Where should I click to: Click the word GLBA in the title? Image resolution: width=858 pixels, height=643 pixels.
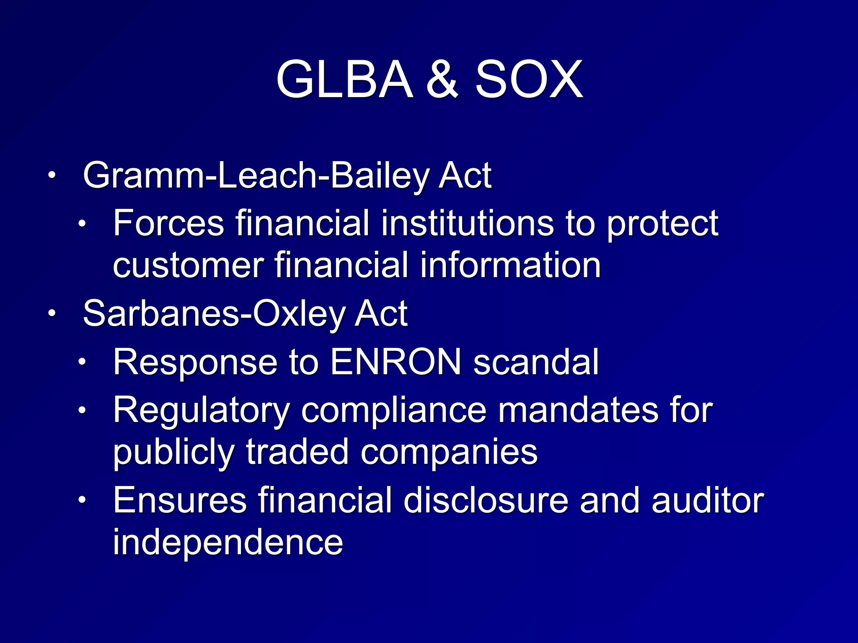click(x=344, y=80)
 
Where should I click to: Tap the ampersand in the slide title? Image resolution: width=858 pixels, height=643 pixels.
click(x=443, y=80)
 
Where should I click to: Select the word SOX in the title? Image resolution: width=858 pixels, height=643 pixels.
click(x=529, y=80)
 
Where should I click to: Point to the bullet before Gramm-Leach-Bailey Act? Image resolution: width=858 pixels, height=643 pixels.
click(x=51, y=175)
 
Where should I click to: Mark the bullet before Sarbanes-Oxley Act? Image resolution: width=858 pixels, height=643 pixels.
click(x=51, y=314)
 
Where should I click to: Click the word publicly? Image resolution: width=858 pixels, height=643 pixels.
click(x=173, y=453)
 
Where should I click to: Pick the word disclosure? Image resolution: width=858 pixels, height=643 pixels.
click(x=486, y=500)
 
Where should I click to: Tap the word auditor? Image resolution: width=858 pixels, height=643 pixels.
click(x=708, y=500)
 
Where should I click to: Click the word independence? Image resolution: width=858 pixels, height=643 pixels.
click(x=228, y=543)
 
